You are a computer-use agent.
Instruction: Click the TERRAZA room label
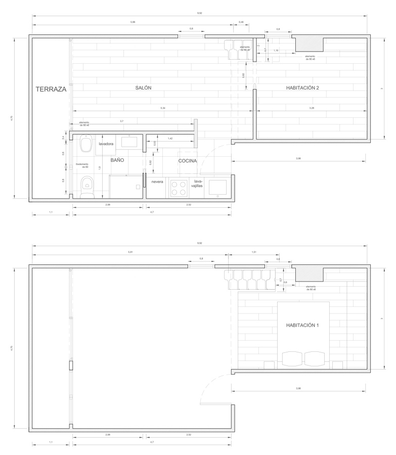tap(51, 89)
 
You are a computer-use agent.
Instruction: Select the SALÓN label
tap(143, 88)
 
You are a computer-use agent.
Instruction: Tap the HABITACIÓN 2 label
tap(303, 88)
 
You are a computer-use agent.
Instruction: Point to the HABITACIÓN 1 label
tap(303, 325)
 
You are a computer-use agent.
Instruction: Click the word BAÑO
tap(117, 160)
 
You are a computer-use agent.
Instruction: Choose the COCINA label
tap(187, 161)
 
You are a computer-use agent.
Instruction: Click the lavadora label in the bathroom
tap(106, 144)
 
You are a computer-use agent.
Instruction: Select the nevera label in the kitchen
tap(157, 181)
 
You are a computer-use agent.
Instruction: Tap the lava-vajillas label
tap(198, 184)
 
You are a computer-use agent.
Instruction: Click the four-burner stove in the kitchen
tap(179, 189)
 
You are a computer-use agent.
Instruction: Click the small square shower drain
tap(138, 187)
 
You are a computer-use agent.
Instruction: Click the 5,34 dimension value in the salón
tap(162, 109)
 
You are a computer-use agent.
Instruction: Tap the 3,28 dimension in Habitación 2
tap(312, 109)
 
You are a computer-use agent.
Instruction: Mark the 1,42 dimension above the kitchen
tap(170, 138)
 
